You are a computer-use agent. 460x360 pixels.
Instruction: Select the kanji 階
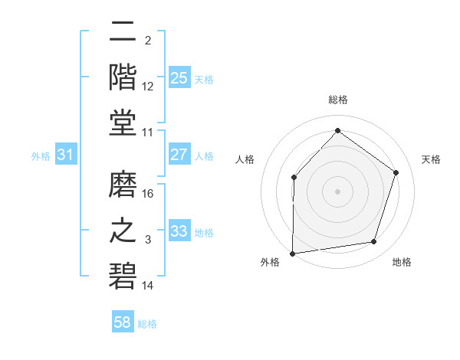click(x=123, y=77)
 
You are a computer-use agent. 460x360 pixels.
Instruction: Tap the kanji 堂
click(x=123, y=123)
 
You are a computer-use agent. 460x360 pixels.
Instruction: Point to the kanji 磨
click(x=123, y=185)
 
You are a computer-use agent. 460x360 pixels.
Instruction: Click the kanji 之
click(x=123, y=231)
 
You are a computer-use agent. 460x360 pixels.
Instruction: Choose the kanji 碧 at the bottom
click(x=123, y=277)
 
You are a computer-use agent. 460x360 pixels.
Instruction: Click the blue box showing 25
click(x=179, y=77)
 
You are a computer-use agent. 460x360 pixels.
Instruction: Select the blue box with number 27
click(x=179, y=154)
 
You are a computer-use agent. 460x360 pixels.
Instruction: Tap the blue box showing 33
click(x=179, y=231)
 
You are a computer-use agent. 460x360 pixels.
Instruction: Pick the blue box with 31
click(x=66, y=155)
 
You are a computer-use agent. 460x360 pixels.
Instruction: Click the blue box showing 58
click(x=122, y=322)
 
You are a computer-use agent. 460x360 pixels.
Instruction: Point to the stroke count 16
click(x=149, y=194)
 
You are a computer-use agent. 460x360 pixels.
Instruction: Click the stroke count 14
click(x=149, y=286)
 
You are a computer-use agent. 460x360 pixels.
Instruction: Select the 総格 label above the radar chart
click(x=337, y=100)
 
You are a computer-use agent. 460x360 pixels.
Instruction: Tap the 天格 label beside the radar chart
click(x=431, y=159)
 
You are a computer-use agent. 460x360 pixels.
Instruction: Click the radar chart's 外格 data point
click(x=292, y=254)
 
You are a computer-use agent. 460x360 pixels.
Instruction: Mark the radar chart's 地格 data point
click(x=374, y=242)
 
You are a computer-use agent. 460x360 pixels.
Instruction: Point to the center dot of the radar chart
click(x=337, y=191)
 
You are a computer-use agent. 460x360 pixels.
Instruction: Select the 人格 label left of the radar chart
click(x=245, y=159)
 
